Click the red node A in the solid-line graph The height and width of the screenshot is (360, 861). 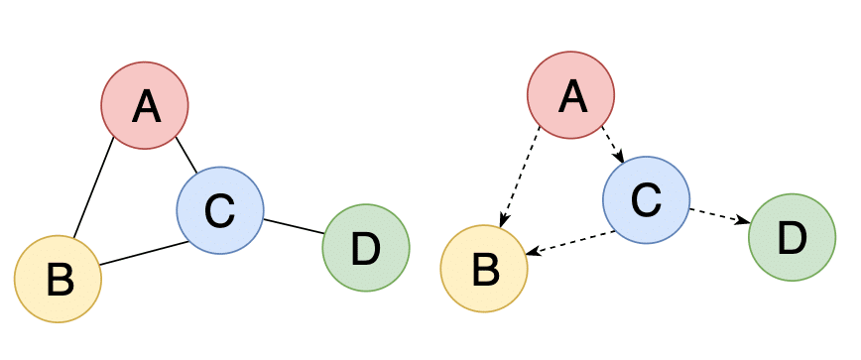[145, 105]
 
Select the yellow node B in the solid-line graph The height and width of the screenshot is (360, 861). [59, 279]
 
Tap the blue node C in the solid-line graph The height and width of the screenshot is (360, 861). [219, 209]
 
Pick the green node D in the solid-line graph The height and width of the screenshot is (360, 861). [366, 248]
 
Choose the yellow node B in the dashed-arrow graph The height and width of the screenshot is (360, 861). [484, 268]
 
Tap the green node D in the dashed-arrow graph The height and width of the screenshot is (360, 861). [792, 237]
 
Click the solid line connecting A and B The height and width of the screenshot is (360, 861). [93, 189]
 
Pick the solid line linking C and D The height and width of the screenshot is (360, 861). [294, 227]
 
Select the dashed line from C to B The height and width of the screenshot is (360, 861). [570, 243]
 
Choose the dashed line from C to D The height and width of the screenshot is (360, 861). [716, 215]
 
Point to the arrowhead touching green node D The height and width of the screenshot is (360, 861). [743, 222]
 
